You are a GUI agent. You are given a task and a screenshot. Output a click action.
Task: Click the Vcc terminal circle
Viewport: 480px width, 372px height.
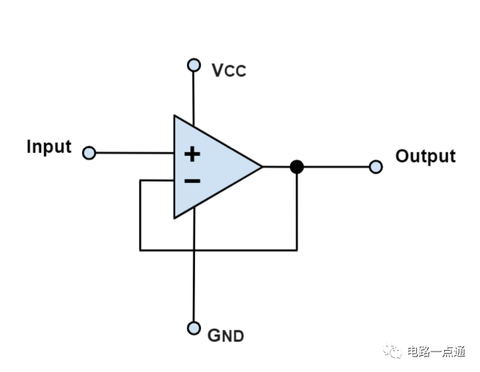(193, 65)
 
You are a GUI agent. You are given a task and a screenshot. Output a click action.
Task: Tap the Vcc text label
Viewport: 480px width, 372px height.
(229, 70)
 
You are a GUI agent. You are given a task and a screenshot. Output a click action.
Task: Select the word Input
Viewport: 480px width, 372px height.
(49, 147)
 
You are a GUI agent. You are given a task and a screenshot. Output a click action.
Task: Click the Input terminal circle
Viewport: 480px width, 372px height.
(89, 152)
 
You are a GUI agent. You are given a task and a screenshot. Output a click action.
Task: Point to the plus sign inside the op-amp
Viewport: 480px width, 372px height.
(192, 154)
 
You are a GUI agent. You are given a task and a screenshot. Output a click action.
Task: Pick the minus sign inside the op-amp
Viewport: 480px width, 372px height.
(192, 181)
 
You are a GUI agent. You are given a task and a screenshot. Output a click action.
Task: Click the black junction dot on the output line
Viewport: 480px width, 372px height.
(297, 167)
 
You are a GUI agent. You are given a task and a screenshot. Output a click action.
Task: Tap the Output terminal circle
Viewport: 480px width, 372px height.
(376, 167)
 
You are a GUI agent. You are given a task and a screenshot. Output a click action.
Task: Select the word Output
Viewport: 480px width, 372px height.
(426, 156)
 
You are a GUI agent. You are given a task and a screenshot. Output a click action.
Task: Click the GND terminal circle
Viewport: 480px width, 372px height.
(193, 328)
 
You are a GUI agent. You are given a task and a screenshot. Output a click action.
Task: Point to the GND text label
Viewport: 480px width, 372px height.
(226, 335)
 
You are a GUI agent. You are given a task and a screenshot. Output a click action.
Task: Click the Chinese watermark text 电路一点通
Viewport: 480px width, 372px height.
(436, 351)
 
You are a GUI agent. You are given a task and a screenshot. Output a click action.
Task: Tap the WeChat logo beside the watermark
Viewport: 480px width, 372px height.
(392, 351)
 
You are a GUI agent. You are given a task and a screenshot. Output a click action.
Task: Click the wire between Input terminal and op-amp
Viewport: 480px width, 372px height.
(135, 152)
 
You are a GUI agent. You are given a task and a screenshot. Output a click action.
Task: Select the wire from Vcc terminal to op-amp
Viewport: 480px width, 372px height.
(193, 99)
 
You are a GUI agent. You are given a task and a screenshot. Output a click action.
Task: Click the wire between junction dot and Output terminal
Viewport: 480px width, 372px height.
(336, 167)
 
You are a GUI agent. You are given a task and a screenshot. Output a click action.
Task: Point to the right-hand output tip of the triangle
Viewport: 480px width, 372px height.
(262, 167)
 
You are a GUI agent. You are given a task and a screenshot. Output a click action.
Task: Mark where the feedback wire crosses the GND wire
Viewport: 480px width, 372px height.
(193, 250)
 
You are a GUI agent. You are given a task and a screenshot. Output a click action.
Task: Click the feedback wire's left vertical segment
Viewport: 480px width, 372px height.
(140, 215)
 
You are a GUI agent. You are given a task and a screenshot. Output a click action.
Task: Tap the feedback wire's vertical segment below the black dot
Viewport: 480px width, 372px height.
(297, 212)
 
